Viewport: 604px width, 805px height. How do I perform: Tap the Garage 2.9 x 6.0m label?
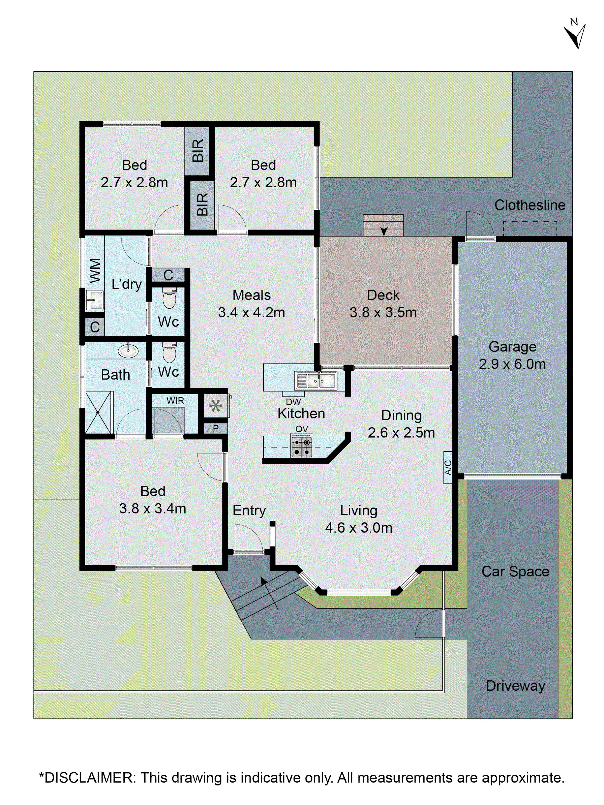(x=512, y=355)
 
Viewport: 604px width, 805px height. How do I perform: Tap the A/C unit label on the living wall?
(x=448, y=467)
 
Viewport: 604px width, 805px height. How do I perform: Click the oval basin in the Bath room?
(x=128, y=351)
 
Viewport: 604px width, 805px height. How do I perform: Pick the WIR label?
(x=175, y=401)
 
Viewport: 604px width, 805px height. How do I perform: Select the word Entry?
(x=249, y=510)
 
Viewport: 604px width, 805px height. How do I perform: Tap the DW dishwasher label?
(x=293, y=402)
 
